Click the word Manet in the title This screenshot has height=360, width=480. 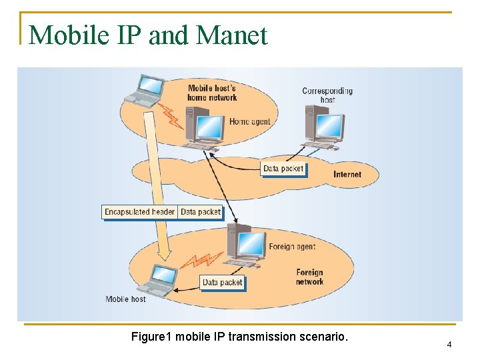point(233,35)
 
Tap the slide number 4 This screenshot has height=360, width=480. point(449,345)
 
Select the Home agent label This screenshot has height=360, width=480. point(249,122)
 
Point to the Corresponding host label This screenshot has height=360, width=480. point(327,95)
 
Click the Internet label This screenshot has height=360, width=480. point(347,175)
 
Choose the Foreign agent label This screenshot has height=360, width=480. point(292,247)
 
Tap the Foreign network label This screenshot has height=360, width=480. point(309,277)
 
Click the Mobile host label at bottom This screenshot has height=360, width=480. point(125,299)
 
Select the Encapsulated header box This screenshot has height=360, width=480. point(139,212)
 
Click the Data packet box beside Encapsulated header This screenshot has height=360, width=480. point(201,212)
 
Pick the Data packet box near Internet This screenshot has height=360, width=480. point(283,169)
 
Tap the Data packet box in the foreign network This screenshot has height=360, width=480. point(223,283)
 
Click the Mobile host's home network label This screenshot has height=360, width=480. point(212,93)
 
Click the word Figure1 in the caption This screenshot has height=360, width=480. point(152,337)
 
